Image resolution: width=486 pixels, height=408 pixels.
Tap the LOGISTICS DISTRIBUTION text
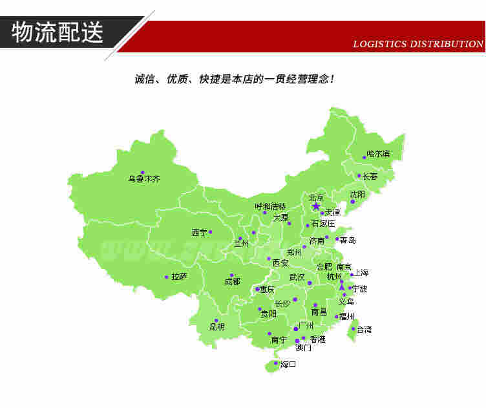click(x=418, y=45)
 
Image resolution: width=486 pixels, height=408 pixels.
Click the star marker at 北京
click(x=316, y=206)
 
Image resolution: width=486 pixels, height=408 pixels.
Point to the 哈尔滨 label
click(x=379, y=154)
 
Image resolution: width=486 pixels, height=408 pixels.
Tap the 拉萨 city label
click(x=179, y=277)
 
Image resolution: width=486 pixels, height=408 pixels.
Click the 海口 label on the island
click(x=288, y=365)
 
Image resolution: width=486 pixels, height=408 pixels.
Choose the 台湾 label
click(x=364, y=330)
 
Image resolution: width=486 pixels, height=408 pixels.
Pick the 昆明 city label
click(x=217, y=327)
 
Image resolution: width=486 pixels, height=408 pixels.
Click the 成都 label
click(x=232, y=282)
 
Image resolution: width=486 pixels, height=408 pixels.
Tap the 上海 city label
click(x=361, y=273)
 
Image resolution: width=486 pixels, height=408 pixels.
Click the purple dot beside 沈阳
click(x=352, y=202)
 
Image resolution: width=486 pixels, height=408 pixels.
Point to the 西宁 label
click(x=199, y=232)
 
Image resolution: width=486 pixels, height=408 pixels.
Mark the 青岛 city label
click(x=348, y=240)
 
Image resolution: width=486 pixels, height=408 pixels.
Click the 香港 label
click(x=317, y=339)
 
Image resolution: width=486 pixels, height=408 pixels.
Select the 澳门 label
click(x=304, y=348)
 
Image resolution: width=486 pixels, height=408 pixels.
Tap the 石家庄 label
click(x=323, y=224)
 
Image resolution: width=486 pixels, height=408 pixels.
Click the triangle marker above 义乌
click(x=342, y=286)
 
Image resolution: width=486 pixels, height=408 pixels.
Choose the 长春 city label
click(x=370, y=176)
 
